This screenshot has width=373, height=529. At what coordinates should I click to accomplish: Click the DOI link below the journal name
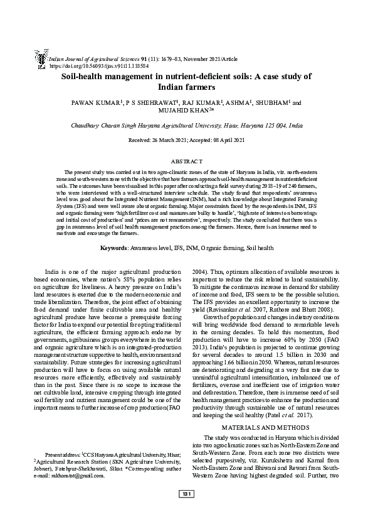coord(98,65)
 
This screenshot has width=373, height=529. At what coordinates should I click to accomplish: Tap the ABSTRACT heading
coord(186,161)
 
